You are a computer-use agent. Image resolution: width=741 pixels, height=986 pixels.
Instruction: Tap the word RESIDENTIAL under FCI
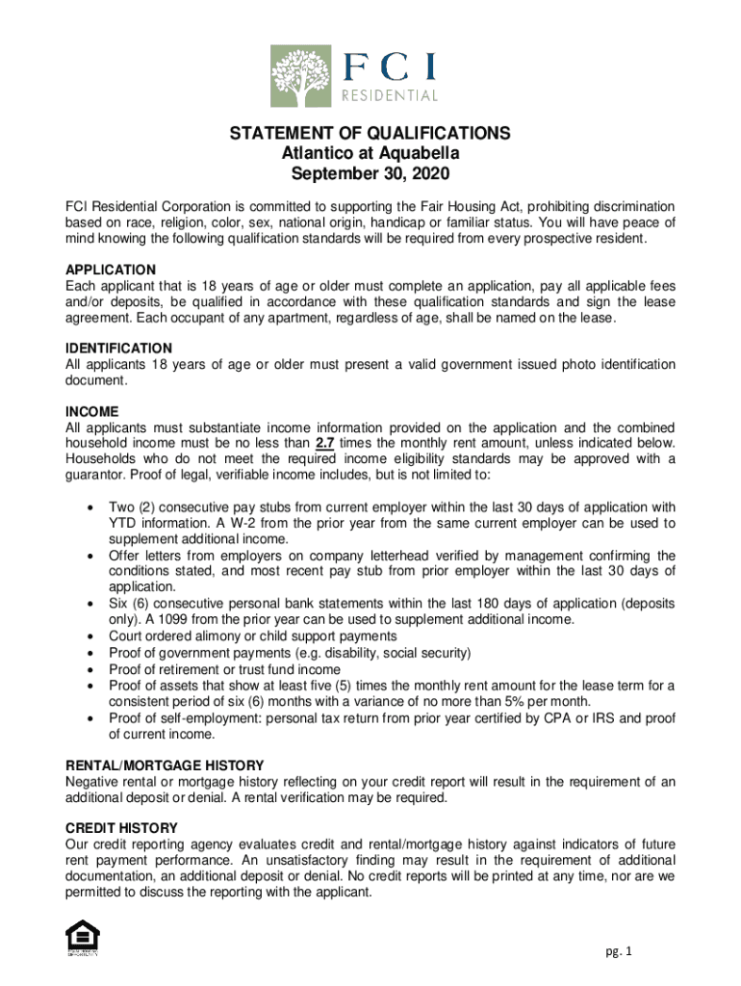pyautogui.click(x=391, y=95)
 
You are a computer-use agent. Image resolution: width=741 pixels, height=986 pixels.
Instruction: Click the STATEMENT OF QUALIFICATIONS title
pyautogui.click(x=370, y=134)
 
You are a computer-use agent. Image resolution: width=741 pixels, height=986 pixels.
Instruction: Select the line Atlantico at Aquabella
pyautogui.click(x=370, y=154)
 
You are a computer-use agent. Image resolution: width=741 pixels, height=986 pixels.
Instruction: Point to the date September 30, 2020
pyautogui.click(x=370, y=175)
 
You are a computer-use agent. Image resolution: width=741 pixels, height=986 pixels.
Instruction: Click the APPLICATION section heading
pyautogui.click(x=111, y=270)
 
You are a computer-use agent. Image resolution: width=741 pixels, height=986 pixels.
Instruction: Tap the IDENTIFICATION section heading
pyautogui.click(x=118, y=348)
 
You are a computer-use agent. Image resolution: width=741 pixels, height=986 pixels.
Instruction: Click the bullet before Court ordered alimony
pyautogui.click(x=89, y=636)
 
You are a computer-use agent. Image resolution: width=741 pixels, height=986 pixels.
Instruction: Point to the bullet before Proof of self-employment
pyautogui.click(x=89, y=718)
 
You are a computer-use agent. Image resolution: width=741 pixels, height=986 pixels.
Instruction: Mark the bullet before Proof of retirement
pyautogui.click(x=89, y=669)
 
